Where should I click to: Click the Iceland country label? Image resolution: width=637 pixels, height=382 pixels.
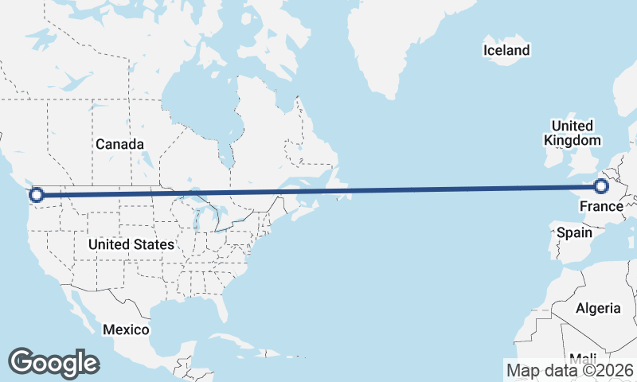coord(506,51)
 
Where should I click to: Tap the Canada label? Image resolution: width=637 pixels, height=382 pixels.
coord(119,144)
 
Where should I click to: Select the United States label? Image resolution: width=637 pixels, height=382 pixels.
coord(131,244)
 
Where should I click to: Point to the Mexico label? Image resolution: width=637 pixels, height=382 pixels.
coord(127,329)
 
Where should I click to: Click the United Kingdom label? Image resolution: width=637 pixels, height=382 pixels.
coord(572,133)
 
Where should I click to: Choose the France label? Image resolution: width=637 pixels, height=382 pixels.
coord(600,208)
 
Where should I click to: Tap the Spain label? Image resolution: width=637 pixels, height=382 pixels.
coord(574,233)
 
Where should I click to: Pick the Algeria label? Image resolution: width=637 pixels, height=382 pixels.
coord(597,308)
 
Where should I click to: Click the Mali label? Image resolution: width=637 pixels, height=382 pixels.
coord(583,357)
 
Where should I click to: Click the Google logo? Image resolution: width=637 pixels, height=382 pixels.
coord(53,363)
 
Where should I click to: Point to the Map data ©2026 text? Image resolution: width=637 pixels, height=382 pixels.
coord(569,370)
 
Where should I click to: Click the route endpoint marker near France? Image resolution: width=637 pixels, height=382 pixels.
coord(601,186)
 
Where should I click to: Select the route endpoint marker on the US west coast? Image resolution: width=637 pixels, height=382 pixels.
coord(36,194)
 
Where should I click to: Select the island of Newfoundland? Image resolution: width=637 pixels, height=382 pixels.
coord(338,185)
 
